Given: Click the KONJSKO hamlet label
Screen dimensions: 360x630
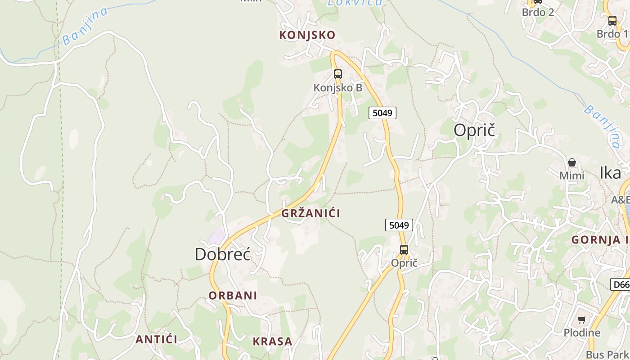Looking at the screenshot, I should click(x=307, y=35).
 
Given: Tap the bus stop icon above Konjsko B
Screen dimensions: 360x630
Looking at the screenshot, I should click(x=338, y=74).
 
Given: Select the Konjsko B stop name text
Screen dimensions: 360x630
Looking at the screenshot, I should click(x=338, y=88).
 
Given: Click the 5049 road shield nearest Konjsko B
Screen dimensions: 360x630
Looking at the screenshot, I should click(x=382, y=112).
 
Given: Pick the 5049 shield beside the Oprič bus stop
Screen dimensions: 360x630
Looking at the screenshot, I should click(x=399, y=225).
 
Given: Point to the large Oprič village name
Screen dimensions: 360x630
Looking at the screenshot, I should click(x=474, y=130).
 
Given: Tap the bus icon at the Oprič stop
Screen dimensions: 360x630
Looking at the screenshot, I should click(x=404, y=250).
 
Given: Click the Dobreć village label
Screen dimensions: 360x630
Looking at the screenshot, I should click(x=223, y=255).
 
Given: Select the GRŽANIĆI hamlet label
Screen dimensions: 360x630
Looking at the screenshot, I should click(x=311, y=213).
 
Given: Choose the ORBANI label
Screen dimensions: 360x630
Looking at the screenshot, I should click(x=233, y=296).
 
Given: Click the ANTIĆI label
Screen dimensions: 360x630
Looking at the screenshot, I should click(x=157, y=339).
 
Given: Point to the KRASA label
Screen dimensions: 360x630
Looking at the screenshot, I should click(x=272, y=342).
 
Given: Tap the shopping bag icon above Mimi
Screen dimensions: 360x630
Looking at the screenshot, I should click(x=572, y=162).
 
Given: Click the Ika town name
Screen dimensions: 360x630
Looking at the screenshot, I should click(x=610, y=173).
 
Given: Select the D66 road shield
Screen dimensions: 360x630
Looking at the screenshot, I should click(x=621, y=284).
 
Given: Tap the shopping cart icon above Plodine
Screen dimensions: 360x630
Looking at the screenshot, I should click(x=582, y=320).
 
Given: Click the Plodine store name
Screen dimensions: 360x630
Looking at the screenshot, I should click(x=582, y=333).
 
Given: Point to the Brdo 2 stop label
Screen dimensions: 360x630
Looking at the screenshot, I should click(x=538, y=12).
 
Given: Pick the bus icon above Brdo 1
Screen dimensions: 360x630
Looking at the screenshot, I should click(x=612, y=21).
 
